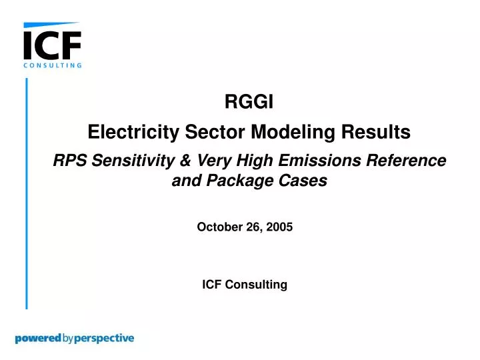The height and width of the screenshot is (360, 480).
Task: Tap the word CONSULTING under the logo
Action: point(52,65)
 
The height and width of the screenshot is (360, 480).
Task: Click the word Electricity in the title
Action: point(133,133)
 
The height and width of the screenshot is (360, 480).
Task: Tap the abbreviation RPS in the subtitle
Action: point(69,161)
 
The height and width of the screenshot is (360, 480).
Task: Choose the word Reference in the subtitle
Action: point(409,161)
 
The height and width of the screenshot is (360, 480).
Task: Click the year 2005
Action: point(279,227)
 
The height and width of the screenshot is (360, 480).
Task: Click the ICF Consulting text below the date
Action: point(244,285)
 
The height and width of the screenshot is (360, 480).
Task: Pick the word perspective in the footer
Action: point(105,339)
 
